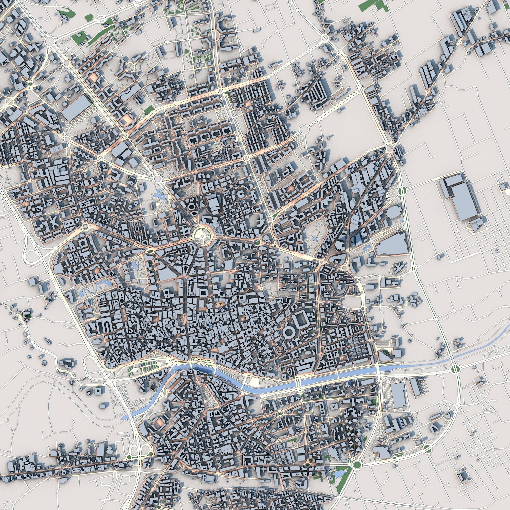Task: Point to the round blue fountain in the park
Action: [315, 239]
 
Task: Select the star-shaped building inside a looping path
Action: [399, 268]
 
